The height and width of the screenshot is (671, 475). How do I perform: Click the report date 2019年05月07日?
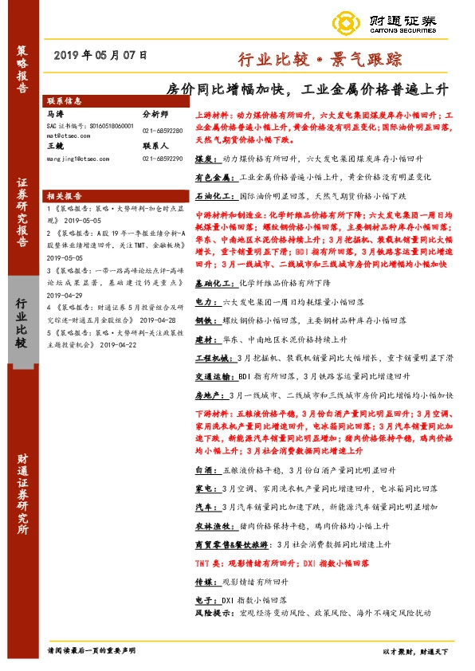click(x=102, y=56)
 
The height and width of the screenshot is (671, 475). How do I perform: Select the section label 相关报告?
click(x=65, y=195)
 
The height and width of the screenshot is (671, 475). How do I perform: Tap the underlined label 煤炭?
click(x=206, y=159)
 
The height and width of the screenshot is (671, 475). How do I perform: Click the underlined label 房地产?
click(x=209, y=394)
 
